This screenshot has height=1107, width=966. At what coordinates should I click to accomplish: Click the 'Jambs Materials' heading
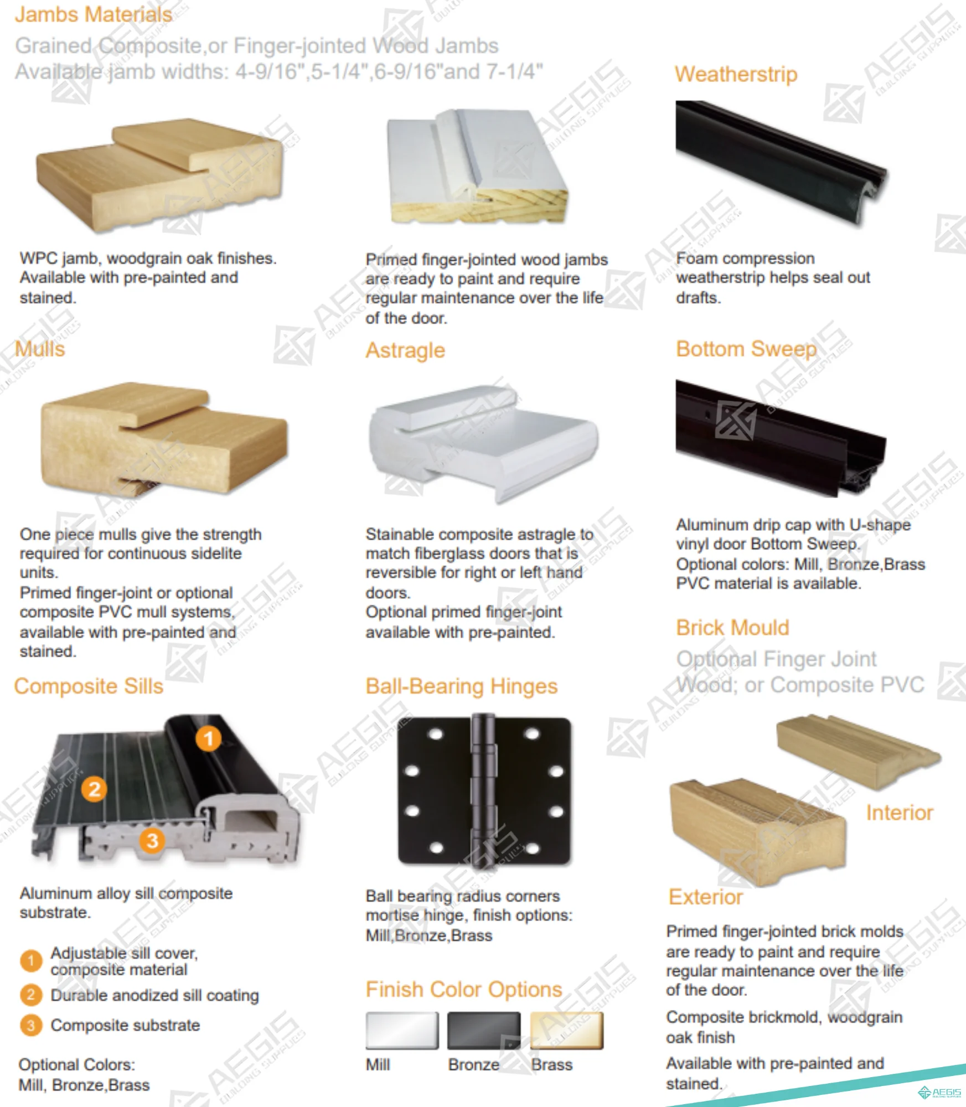tap(94, 14)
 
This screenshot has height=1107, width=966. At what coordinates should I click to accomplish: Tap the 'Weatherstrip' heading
tap(736, 74)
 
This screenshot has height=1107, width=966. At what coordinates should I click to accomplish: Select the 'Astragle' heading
tap(405, 350)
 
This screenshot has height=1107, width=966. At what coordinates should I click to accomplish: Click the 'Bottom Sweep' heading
tap(746, 349)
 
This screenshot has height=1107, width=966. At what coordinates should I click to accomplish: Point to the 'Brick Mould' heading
tap(732, 628)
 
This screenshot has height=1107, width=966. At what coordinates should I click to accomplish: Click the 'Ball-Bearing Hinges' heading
tap(462, 686)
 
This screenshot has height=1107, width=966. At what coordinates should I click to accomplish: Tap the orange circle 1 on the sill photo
tap(208, 738)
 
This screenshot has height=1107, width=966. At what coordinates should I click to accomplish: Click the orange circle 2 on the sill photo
tap(95, 789)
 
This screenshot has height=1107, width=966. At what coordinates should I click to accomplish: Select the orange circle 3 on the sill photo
tap(152, 841)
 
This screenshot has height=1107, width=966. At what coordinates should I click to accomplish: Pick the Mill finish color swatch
tap(402, 1031)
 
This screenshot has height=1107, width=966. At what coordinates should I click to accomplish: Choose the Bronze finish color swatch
tap(484, 1031)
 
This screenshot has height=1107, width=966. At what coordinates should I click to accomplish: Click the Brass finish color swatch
tap(567, 1031)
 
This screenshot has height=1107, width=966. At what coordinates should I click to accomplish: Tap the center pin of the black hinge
tap(483, 791)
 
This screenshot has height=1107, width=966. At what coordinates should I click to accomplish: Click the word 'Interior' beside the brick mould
tap(900, 813)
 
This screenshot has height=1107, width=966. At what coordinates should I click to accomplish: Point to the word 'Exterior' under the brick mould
tap(705, 897)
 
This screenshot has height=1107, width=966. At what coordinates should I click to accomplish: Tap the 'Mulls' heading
tap(40, 349)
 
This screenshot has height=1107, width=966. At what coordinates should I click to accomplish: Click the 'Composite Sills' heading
tap(89, 686)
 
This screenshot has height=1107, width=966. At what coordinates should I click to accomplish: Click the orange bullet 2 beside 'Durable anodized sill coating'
tap(31, 995)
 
